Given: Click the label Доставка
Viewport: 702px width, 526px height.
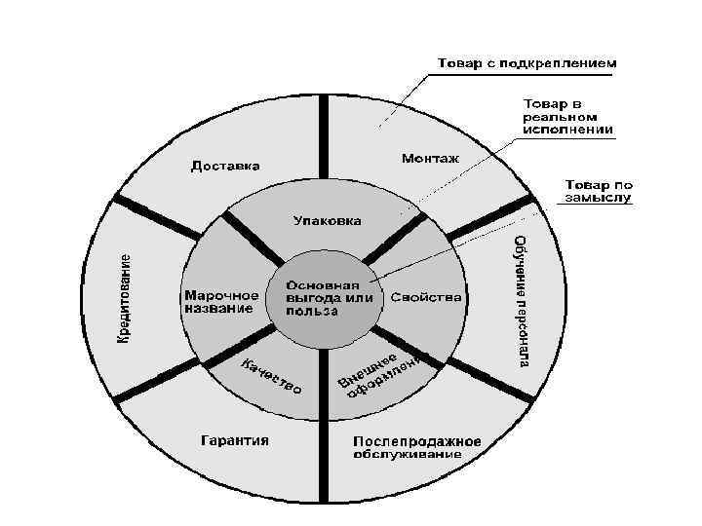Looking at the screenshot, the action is [225, 166].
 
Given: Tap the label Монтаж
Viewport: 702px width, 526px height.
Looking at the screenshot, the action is [431, 157].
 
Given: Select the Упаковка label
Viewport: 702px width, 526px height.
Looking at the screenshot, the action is [328, 221].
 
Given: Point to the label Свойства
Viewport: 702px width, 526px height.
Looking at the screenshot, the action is [426, 296].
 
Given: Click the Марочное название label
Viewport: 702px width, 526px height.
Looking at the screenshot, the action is [220, 301].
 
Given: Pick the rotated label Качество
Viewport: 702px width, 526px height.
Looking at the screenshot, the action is [271, 376].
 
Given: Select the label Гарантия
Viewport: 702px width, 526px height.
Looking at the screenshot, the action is [234, 440].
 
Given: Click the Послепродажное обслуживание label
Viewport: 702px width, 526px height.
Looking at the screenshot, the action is [417, 447].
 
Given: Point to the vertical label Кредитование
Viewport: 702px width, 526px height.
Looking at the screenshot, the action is [125, 297].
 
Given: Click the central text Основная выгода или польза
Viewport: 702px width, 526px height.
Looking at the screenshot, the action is [330, 298].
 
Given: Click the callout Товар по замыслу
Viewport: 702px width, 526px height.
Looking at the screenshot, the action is [597, 190].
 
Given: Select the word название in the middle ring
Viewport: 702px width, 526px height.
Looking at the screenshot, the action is [216, 309].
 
